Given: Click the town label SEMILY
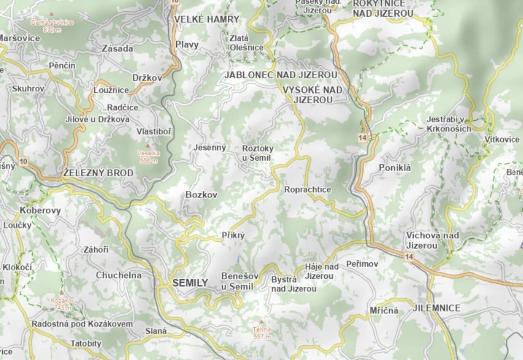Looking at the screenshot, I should pos(190,283).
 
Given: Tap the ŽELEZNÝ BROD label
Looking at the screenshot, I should pos(98,173).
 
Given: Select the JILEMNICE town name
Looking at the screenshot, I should pos(437,308).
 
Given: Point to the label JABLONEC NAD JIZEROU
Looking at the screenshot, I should pos(281,75).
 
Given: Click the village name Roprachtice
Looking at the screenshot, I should pos(307,190).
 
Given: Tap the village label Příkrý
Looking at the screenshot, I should pos(233,235).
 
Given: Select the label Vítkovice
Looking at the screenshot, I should pos(502,139).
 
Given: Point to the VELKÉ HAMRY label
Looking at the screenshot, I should pos(207,19).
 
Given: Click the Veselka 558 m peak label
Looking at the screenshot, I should pos(148,157).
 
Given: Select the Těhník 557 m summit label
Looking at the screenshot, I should pos(262,333).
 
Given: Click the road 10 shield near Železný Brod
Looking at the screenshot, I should pos(24,161).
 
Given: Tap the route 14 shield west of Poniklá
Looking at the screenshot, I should pos(363,138).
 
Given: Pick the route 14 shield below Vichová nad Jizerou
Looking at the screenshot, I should pos(409,256).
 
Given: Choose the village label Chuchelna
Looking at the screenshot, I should pos(118,275).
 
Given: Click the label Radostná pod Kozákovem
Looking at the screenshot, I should pos(82,324).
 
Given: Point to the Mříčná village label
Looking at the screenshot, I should pos(384,310).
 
